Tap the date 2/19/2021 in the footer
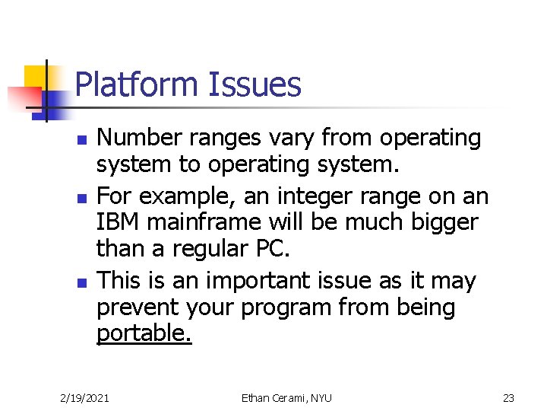tap(84, 398)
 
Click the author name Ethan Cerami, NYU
tap(286, 398)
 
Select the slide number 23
tap(508, 398)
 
